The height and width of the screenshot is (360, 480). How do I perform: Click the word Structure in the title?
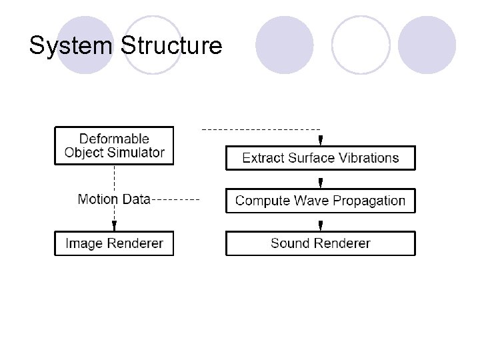[171, 45]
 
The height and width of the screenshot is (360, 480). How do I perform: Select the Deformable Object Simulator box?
[114, 145]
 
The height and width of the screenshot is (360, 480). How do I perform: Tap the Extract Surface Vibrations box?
[320, 158]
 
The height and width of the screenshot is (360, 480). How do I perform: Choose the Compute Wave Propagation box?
[320, 201]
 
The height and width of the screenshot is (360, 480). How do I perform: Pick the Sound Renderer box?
[320, 243]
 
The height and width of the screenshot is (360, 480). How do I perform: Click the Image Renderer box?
[114, 243]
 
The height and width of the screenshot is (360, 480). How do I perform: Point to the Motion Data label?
[114, 199]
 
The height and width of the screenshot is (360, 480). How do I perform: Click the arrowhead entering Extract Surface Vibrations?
[321, 141]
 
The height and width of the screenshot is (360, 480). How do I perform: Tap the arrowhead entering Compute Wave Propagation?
[321, 183]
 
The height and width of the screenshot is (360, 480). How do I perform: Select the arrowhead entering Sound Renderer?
[321, 226]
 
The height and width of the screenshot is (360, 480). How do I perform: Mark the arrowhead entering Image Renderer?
[114, 226]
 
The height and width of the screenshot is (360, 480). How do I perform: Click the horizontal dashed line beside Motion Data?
[175, 199]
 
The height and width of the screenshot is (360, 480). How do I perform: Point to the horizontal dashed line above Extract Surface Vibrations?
[260, 129]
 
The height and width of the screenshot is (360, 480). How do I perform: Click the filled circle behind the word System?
[85, 45]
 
